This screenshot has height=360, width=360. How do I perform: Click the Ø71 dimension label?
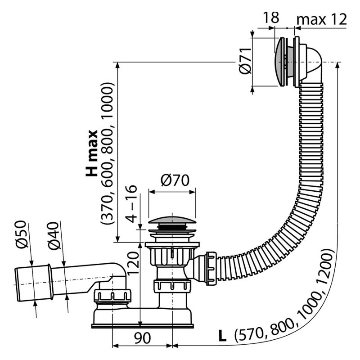(245, 61)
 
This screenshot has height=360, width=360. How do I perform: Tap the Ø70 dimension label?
(175, 180)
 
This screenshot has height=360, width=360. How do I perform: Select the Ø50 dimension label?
(22, 234)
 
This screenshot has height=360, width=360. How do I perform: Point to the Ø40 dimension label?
(54, 235)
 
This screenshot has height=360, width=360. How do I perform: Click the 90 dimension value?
(142, 338)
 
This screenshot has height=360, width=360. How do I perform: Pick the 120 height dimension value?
(133, 263)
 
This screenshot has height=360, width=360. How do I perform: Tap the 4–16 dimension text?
(132, 203)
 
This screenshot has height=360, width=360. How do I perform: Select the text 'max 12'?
(321, 19)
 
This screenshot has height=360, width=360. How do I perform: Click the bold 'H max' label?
(92, 153)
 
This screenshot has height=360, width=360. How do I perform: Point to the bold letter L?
(222, 337)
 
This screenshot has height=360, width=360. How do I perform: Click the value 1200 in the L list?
(326, 265)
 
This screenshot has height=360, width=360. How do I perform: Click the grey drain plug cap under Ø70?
(172, 220)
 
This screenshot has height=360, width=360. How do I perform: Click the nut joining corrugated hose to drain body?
(211, 269)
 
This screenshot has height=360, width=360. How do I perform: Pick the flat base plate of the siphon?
(142, 326)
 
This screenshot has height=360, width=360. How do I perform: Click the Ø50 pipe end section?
(33, 283)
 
